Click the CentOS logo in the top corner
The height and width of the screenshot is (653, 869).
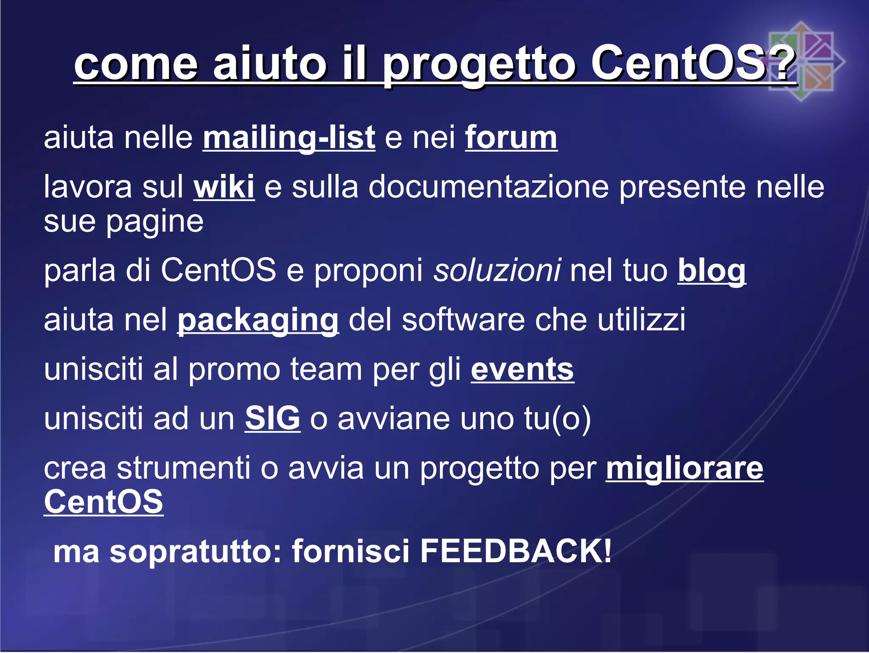[x=801, y=61]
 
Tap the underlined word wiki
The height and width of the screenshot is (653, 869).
[x=224, y=187]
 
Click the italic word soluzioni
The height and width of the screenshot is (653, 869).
[x=497, y=270]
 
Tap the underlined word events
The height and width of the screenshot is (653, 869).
[x=522, y=370]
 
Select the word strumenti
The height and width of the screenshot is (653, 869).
[x=183, y=468]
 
